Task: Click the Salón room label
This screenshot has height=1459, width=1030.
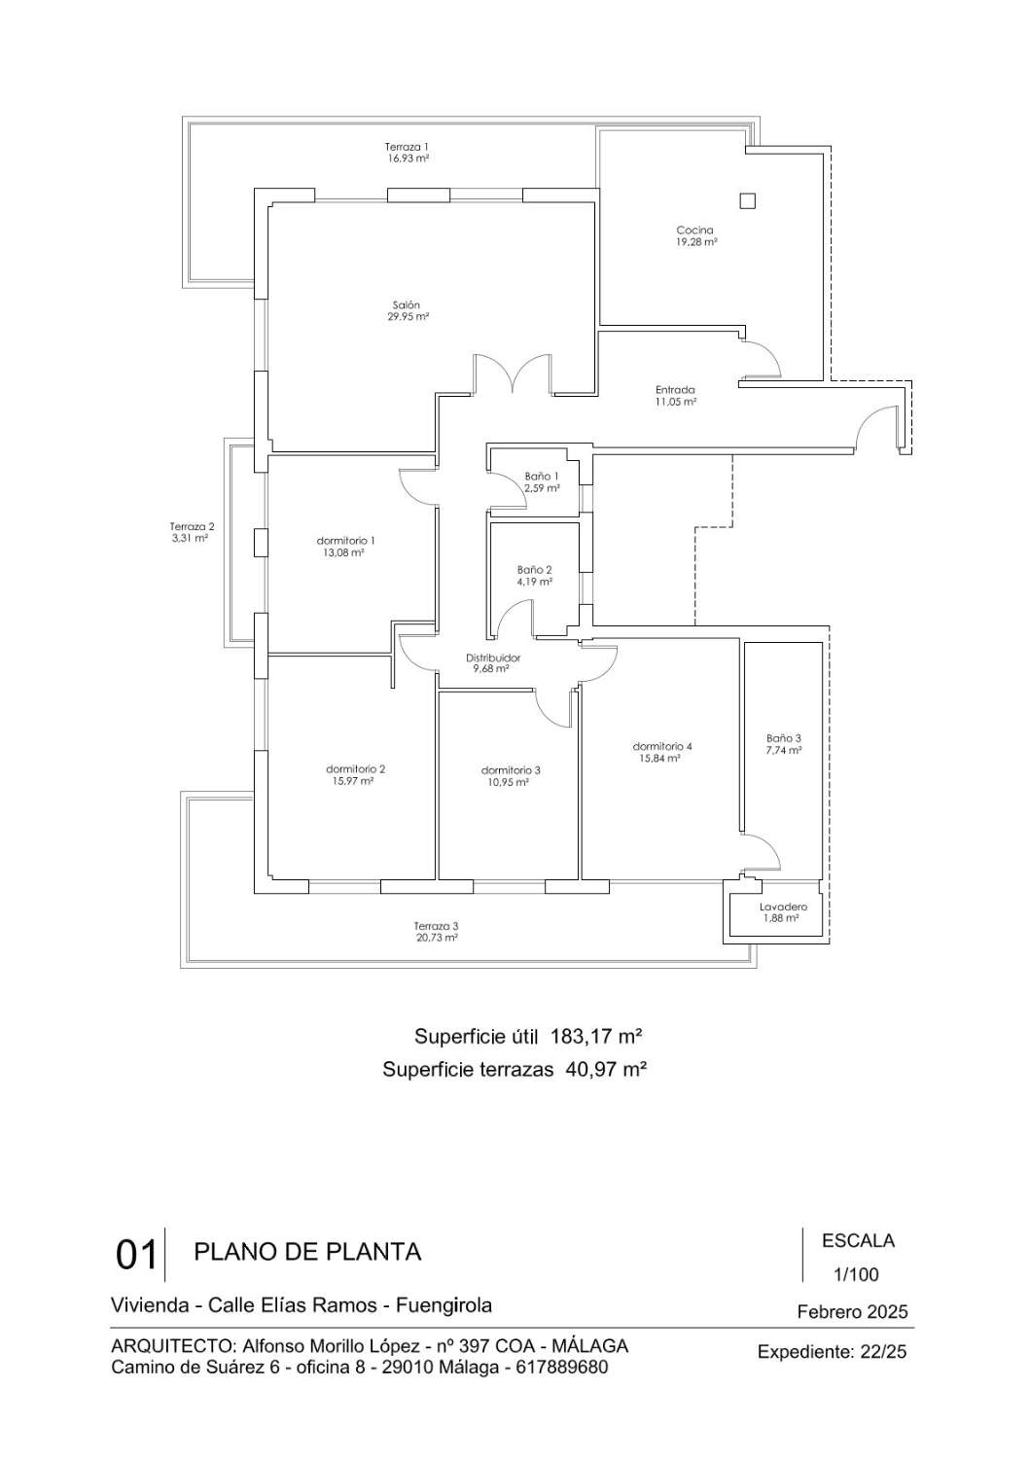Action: pos(408,304)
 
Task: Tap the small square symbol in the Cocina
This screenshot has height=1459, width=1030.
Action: pos(747,201)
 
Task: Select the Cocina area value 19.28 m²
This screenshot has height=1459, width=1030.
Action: pos(696,242)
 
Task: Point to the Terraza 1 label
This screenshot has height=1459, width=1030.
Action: pos(407,146)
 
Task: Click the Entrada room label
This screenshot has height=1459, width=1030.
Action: pos(675,390)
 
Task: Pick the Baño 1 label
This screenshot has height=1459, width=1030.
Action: pos(542,476)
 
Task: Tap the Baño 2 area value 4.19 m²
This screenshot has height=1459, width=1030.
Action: pos(535,582)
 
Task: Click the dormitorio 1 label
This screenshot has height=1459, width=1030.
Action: pos(345,540)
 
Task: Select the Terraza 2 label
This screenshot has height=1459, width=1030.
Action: pos(192,526)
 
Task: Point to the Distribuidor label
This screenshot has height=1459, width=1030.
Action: pos(493,658)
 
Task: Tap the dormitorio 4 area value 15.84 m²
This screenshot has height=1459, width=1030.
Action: pos(661,758)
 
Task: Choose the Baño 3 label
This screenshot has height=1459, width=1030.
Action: pos(784,737)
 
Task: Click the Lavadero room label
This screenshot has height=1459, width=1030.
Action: pos(783,907)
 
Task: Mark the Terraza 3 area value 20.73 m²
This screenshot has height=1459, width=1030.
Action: pos(436,939)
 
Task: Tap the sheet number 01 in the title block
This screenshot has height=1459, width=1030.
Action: pos(136,1254)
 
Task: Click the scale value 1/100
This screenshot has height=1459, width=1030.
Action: pos(857,1274)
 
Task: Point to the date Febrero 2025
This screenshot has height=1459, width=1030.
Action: pos(852,1312)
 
